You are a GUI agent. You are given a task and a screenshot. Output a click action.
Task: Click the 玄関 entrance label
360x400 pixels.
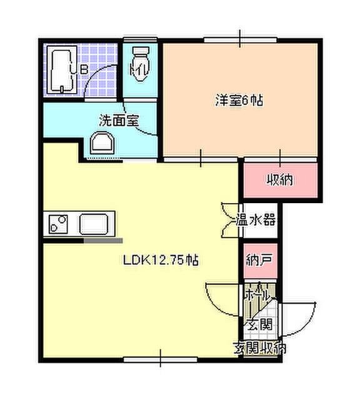click(258, 324)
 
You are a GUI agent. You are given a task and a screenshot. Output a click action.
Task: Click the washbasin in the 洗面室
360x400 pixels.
click(102, 144)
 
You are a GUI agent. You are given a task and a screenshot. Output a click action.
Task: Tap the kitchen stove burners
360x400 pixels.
click(59, 222)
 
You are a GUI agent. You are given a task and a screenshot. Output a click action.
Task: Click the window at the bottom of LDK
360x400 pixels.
click(161, 359)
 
